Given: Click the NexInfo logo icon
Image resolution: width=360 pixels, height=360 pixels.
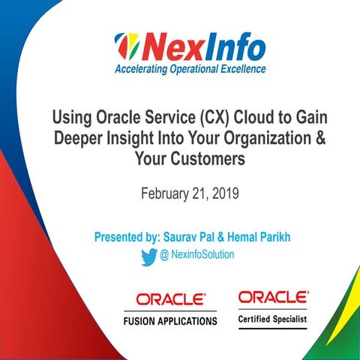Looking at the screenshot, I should pos(127,49).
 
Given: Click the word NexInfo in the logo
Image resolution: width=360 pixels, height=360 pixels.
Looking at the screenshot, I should pos(201,48).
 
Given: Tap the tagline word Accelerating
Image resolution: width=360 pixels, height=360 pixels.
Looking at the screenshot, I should pos(142,70).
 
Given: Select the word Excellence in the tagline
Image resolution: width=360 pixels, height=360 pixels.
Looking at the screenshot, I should pos(238,70).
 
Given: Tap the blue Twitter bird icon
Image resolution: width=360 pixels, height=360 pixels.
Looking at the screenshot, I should pos(148,256).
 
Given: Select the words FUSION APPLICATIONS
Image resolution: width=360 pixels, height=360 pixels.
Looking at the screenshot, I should pos(169,321).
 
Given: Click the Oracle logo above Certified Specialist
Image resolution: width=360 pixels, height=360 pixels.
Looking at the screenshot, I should pos(272,298).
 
